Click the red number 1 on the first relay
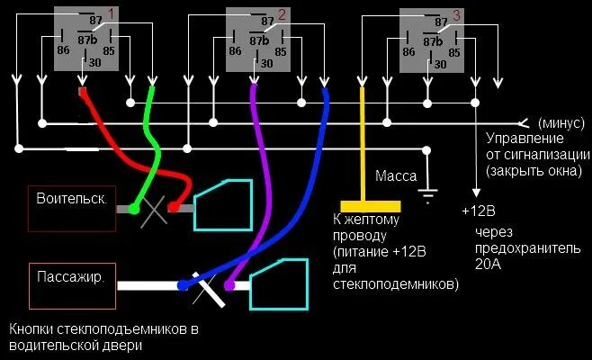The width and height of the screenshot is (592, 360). [111, 13]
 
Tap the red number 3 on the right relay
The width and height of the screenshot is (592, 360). [456, 14]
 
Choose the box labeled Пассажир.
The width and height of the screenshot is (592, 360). [71, 277]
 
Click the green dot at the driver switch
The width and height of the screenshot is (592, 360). [133, 210]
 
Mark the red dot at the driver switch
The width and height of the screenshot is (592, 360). [174, 209]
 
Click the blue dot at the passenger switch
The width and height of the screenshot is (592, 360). [184, 285]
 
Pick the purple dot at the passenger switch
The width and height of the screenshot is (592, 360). [229, 285]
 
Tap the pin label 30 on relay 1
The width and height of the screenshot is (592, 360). [92, 63]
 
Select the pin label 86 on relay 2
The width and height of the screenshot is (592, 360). [236, 51]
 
